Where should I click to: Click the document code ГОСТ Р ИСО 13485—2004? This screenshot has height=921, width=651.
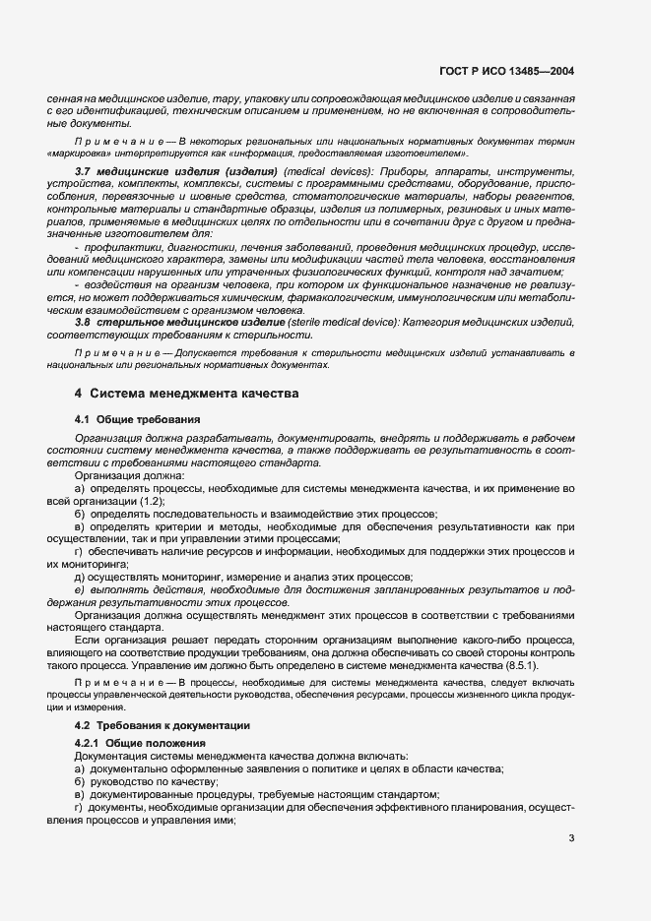[518, 71]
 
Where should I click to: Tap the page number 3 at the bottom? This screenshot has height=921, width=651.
[571, 838]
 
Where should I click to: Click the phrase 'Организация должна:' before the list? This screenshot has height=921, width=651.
[116, 475]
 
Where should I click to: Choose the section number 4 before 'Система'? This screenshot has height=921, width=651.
[78, 394]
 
